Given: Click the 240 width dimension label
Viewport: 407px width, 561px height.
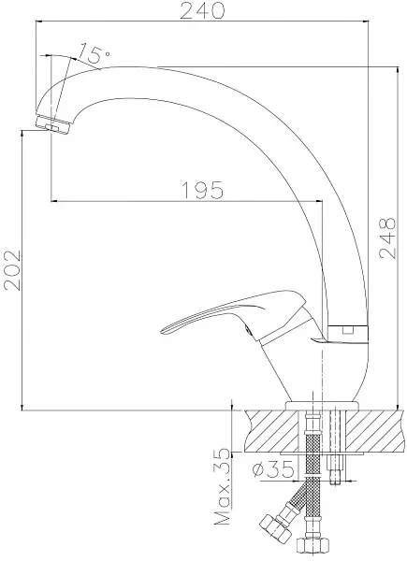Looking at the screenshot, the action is point(203,10).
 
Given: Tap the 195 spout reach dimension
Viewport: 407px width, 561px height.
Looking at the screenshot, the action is point(203,191).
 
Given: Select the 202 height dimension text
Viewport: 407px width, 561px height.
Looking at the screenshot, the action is point(12,270).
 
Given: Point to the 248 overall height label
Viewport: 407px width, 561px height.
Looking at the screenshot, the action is point(387,237).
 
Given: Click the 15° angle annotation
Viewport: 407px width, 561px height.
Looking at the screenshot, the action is point(94,52).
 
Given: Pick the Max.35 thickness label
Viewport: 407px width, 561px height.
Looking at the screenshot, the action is point(222,487).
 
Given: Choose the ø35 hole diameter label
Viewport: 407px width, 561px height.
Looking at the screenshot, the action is point(273,469).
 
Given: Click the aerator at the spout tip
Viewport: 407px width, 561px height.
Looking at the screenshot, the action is point(52,124).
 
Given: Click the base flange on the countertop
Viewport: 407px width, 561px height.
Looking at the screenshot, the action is point(322,406).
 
